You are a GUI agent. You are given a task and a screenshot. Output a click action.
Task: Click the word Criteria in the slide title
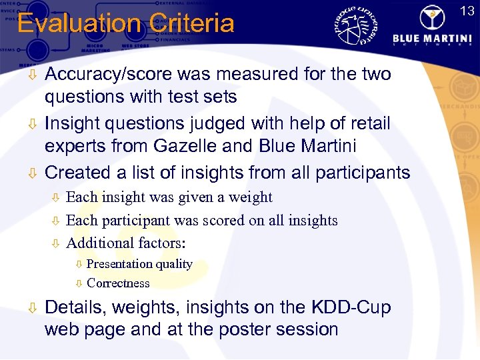click(193, 24)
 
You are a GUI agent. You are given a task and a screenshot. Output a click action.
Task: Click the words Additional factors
click(126, 243)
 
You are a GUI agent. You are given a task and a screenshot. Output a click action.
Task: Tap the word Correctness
click(118, 283)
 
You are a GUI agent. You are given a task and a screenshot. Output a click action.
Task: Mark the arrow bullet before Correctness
click(78, 283)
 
